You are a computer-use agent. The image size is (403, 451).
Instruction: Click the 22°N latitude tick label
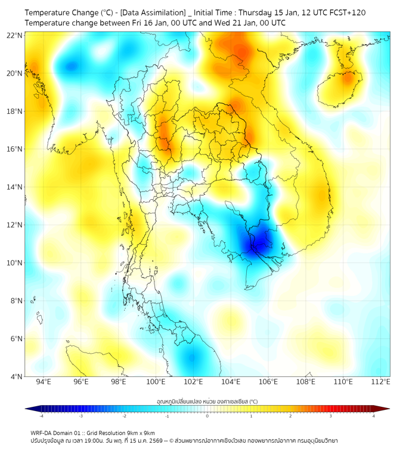point(15,35)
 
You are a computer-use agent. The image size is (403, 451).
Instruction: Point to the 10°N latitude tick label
point(15,263)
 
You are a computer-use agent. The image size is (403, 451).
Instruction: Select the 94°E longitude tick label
point(43,382)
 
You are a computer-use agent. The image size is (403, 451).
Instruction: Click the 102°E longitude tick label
point(193,382)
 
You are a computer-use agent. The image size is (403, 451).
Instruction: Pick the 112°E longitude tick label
point(380,382)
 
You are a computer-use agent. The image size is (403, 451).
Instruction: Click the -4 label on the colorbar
point(41,416)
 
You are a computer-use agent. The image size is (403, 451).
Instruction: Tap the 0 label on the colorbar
point(207,416)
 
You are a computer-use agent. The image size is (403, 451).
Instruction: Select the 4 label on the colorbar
point(374,416)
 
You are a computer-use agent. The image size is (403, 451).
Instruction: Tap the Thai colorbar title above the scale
point(207,401)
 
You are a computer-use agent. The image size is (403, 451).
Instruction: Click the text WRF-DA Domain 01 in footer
point(57,433)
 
